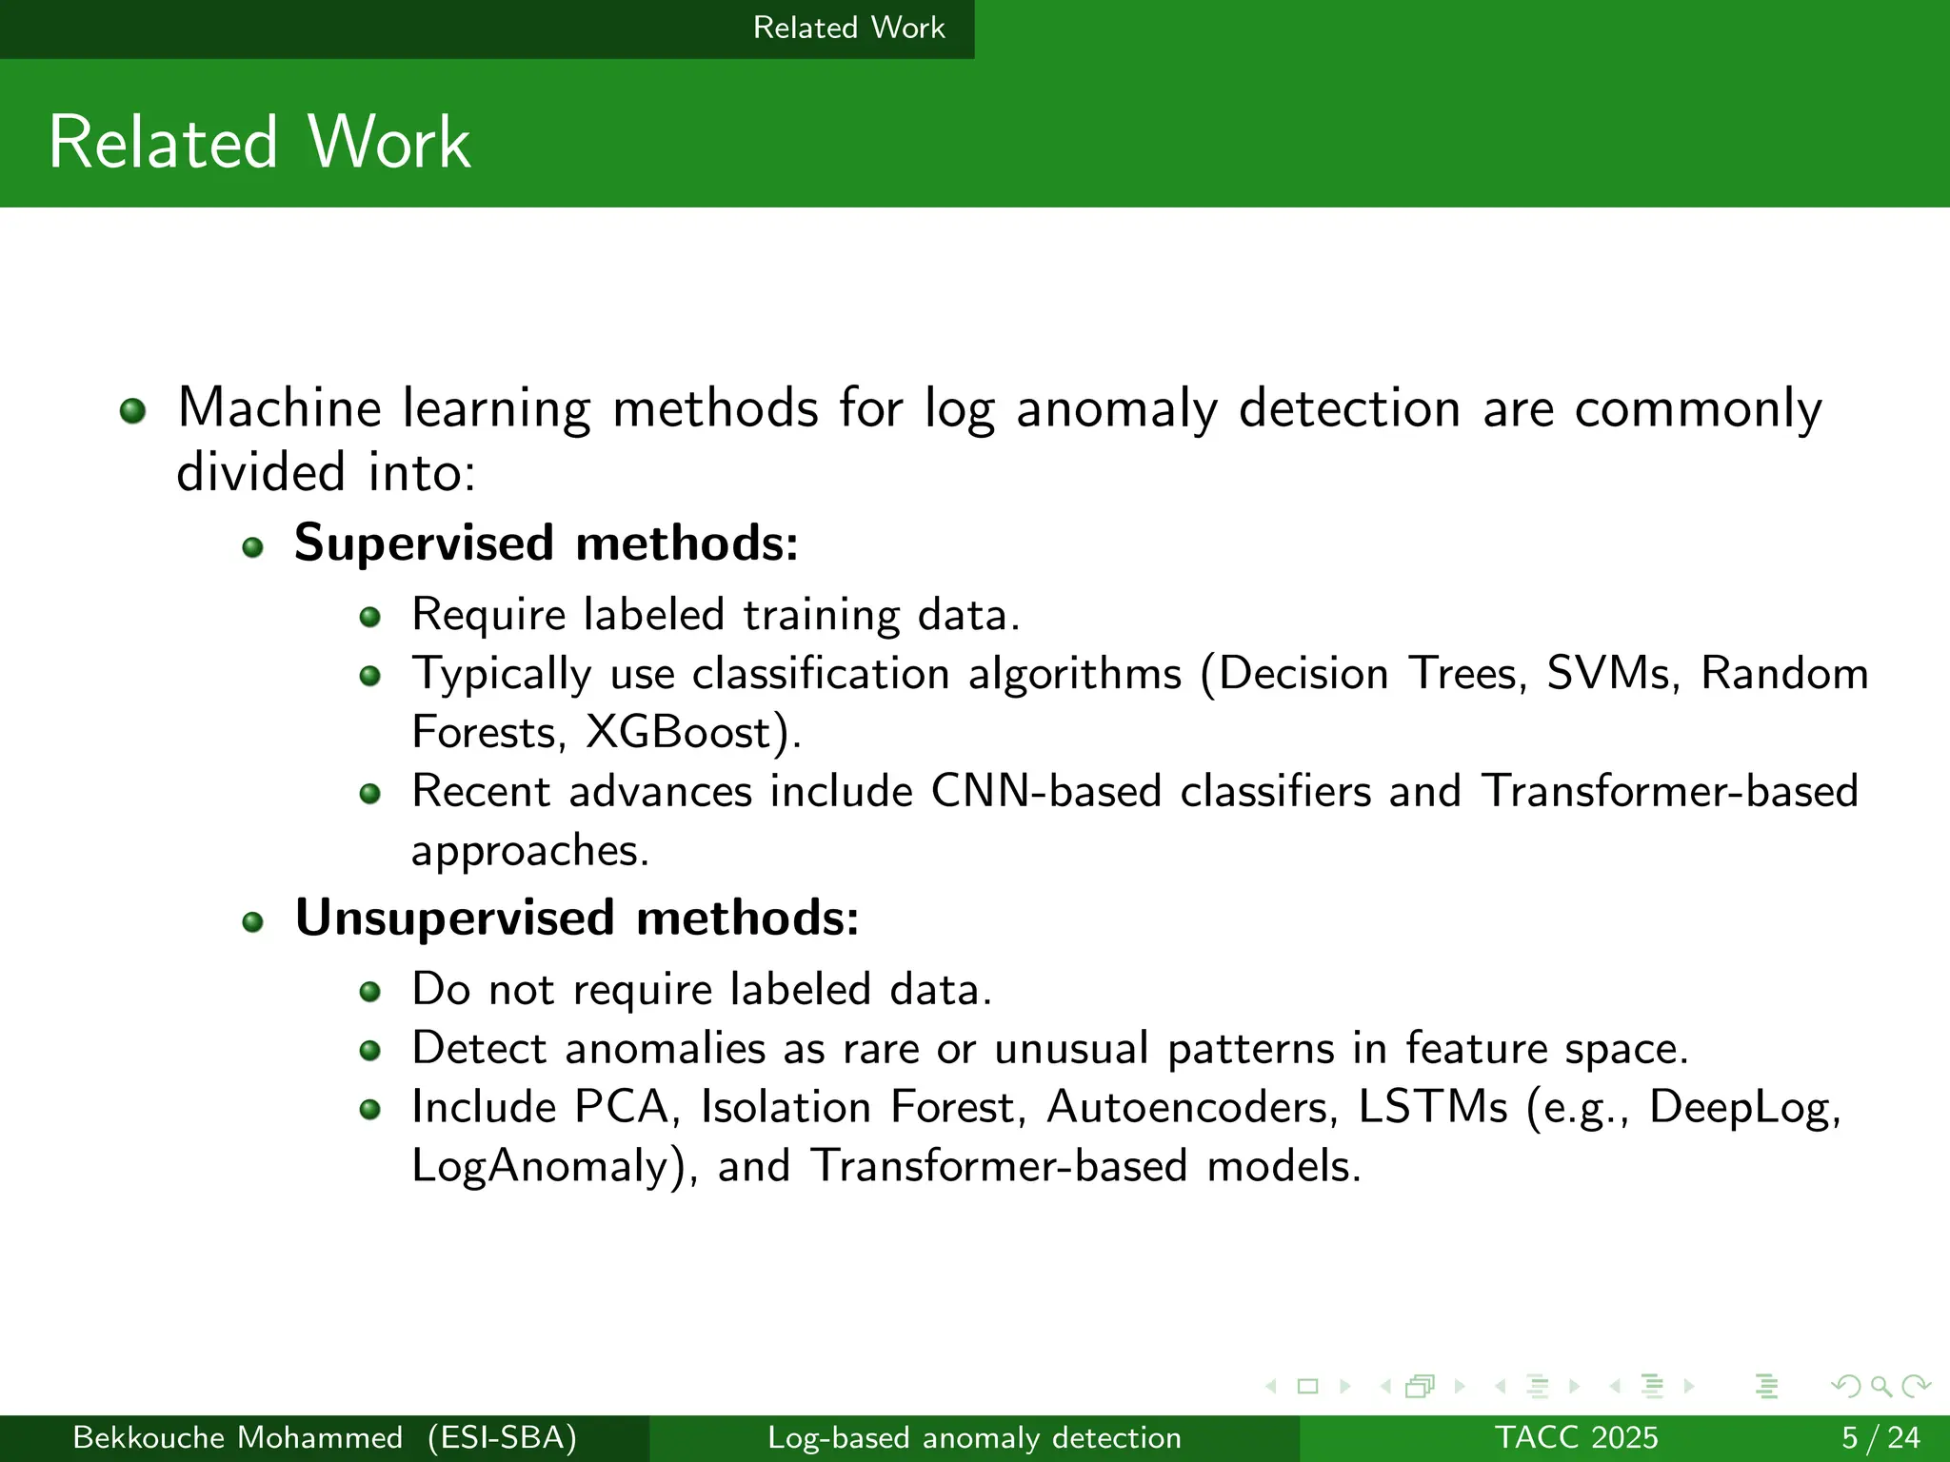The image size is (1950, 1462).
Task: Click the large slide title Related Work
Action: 259,143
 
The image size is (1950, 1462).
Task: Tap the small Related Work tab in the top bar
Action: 848,28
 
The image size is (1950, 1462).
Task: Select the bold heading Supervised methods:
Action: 546,543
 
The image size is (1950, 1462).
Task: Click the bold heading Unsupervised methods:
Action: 577,919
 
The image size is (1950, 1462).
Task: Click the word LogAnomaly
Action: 540,1167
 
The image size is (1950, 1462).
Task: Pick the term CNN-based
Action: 1045,792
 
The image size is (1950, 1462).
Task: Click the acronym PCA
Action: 621,1108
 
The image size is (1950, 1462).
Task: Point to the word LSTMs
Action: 1432,1108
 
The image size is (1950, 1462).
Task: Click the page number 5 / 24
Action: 1880,1437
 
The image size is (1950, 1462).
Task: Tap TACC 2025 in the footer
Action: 1576,1437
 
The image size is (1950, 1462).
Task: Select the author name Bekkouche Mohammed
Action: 237,1437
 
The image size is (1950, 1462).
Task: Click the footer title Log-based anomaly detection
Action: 974,1437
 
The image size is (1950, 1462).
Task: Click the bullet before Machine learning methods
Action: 132,411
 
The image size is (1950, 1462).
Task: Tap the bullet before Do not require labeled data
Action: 370,993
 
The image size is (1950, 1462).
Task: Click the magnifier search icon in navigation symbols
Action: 1880,1387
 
